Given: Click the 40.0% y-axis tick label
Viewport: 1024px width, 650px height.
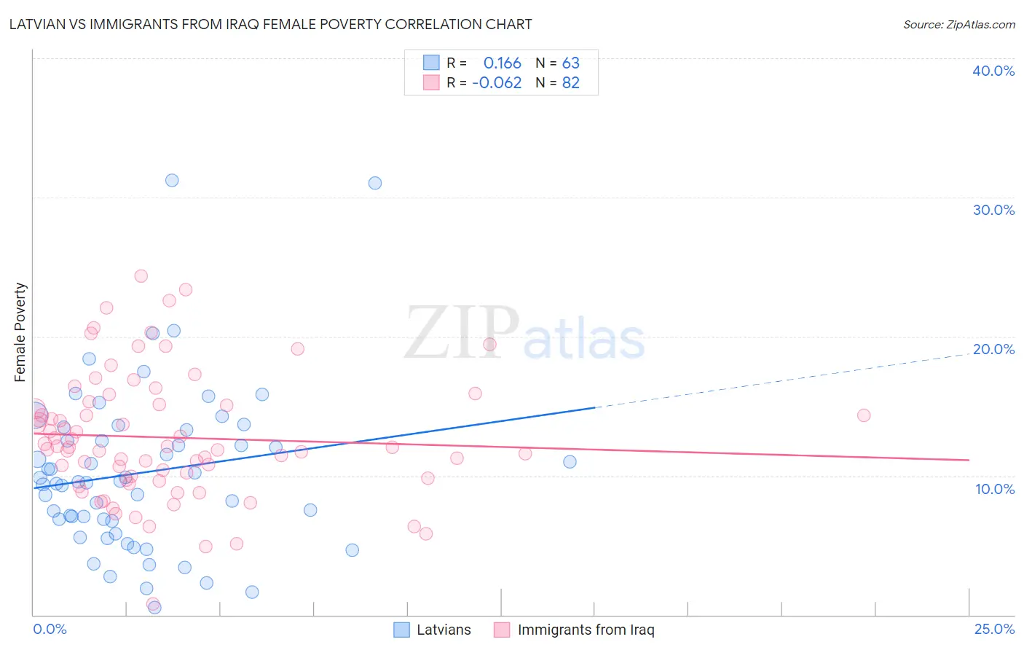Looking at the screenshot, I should [x=993, y=71].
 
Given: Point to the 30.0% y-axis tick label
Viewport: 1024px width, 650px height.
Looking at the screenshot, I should [x=993, y=210].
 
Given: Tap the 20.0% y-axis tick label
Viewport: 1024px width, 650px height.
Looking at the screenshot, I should [x=993, y=349].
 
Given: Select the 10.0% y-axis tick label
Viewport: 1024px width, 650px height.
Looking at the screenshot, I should [x=994, y=489].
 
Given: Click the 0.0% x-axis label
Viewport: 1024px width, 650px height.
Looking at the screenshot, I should [x=50, y=629].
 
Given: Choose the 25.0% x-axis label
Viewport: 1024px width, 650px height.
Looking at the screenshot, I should [x=994, y=629].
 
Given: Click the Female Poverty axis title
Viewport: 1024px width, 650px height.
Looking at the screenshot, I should [x=20, y=332].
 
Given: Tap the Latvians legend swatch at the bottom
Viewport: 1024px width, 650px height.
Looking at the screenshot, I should [x=401, y=630].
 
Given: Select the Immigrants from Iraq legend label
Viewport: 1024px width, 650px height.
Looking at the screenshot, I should [x=586, y=630].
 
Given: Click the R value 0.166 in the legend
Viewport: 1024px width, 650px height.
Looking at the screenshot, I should [x=502, y=63].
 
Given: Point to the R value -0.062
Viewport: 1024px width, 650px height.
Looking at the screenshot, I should [x=497, y=82].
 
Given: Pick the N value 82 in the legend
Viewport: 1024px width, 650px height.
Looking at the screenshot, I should [x=570, y=82].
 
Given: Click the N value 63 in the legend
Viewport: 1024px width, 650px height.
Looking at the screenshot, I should [x=570, y=63].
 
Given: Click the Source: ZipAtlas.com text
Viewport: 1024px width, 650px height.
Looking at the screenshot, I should [x=958, y=24].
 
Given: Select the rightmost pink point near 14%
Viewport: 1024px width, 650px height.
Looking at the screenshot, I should [x=864, y=415].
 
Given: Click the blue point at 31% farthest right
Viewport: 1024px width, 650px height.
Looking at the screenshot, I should [x=375, y=183].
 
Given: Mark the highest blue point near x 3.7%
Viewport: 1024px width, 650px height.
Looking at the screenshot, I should [x=172, y=180].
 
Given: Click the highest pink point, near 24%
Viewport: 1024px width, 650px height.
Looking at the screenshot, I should [x=141, y=276].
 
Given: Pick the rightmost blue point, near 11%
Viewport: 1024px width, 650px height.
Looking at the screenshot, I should [x=570, y=462].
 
